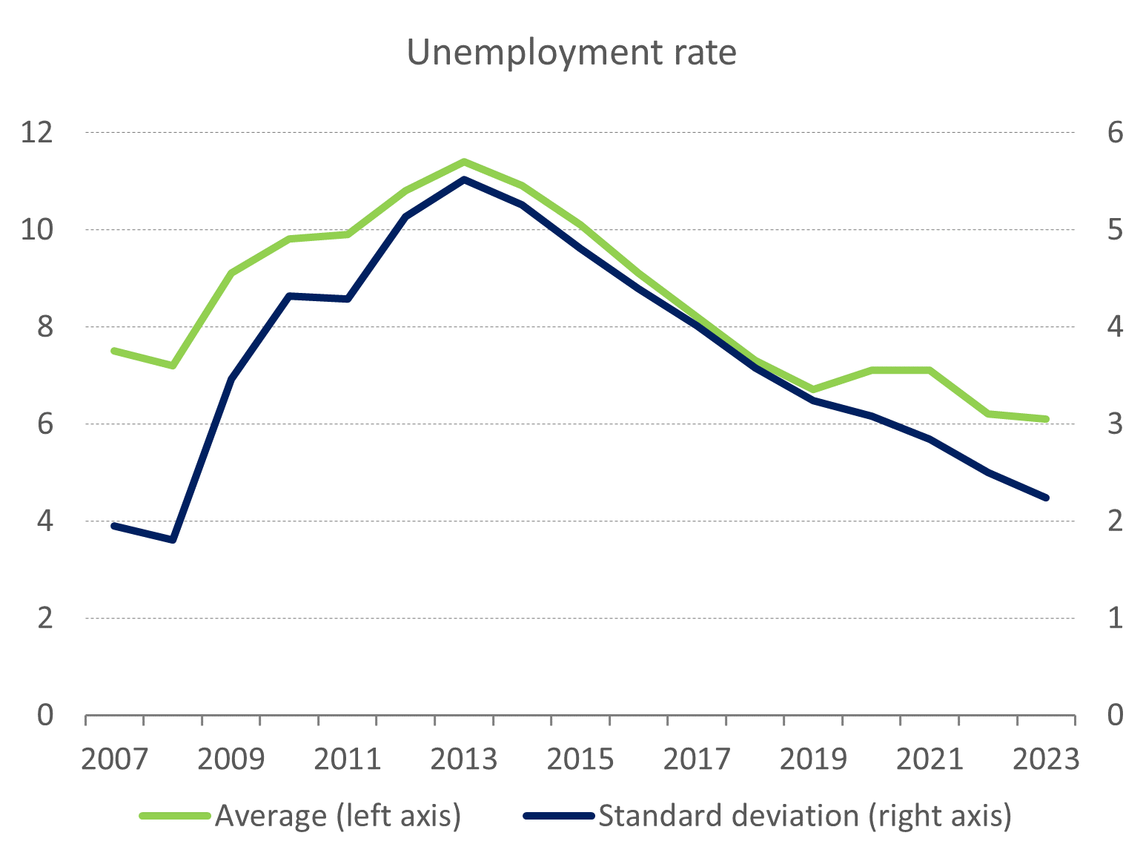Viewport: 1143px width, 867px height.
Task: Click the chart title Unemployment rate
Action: pyautogui.click(x=571, y=53)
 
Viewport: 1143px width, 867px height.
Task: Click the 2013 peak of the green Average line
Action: pyautogui.click(x=464, y=162)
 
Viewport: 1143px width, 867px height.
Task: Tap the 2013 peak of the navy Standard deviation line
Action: pyautogui.click(x=464, y=179)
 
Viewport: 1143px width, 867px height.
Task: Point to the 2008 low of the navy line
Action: pyautogui.click(x=173, y=540)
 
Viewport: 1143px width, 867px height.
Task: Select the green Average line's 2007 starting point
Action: pyautogui.click(x=114, y=351)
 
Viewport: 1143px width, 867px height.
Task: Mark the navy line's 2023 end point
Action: pyautogui.click(x=1046, y=498)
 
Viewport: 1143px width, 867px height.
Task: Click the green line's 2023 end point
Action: pyautogui.click(x=1046, y=419)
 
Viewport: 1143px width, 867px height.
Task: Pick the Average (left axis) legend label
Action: pyautogui.click(x=338, y=816)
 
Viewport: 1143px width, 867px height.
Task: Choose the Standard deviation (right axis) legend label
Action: pyautogui.click(x=804, y=816)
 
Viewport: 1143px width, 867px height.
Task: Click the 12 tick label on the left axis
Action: pyautogui.click(x=37, y=133)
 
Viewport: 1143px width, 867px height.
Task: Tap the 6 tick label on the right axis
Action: pyautogui.click(x=1115, y=133)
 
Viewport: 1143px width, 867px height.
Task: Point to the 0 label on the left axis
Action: pyautogui.click(x=45, y=715)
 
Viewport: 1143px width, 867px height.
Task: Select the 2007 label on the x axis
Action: pyautogui.click(x=114, y=759)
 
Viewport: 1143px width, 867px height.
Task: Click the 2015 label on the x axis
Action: pyautogui.click(x=580, y=759)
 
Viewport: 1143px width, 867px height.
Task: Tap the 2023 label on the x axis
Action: pyautogui.click(x=1046, y=759)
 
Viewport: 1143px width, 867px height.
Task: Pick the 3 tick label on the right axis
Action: pyautogui.click(x=1115, y=424)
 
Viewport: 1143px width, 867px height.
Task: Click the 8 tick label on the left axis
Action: pyautogui.click(x=45, y=327)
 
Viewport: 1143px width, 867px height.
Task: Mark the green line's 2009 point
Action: pyautogui.click(x=231, y=274)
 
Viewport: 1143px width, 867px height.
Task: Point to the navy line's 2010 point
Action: pyautogui.click(x=289, y=296)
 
